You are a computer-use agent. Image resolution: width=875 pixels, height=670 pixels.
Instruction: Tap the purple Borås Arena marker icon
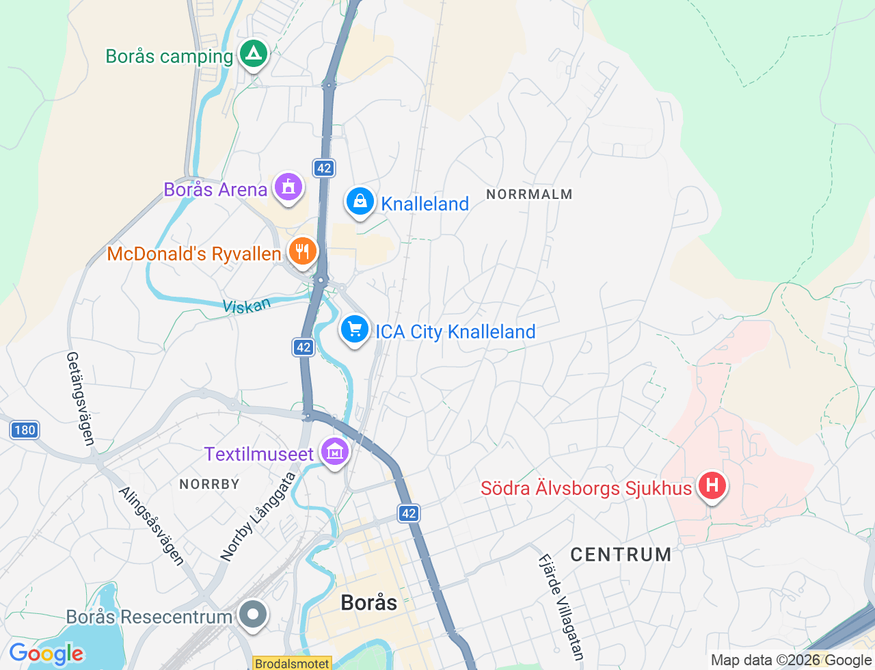coord(288,187)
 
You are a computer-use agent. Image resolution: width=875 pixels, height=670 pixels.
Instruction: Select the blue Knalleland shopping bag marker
coord(360,202)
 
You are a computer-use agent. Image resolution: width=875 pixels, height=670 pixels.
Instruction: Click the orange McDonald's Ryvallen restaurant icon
coord(301,252)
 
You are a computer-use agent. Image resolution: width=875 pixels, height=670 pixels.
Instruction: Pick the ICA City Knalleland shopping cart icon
coord(354,330)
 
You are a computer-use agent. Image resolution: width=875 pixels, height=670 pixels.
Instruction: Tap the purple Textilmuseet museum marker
coord(335,452)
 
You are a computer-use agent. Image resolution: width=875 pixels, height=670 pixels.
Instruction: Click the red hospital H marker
coord(712,486)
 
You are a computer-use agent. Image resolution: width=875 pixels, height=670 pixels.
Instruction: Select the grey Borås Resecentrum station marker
coord(253,614)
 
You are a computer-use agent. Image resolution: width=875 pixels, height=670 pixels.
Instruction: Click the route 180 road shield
coord(25,430)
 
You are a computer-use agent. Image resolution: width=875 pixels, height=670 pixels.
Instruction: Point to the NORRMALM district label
coord(529,195)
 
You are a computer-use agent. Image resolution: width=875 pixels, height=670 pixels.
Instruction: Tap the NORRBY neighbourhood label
coord(209,484)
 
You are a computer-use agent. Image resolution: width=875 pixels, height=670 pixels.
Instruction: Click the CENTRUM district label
coord(621,554)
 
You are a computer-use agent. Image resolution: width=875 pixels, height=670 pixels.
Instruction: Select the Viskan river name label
coord(247,306)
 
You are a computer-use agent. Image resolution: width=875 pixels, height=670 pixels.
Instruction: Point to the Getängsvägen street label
coord(80,399)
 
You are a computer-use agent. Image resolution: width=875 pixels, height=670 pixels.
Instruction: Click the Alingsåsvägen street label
coord(152,526)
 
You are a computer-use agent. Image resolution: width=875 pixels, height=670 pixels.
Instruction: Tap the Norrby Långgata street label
coord(258,517)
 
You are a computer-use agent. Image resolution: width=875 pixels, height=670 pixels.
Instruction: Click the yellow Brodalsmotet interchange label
coord(292,663)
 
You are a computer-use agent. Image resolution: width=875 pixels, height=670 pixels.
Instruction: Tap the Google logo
coord(46,654)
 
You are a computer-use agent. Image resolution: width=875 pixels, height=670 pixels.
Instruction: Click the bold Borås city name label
coord(368,602)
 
